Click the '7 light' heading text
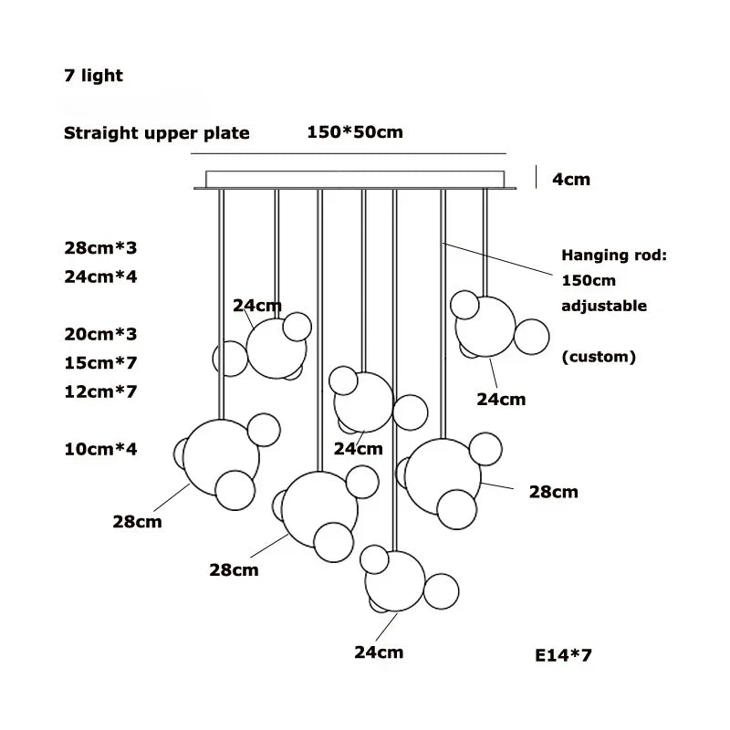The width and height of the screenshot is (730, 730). coord(93,76)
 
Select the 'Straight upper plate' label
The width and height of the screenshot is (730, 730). coord(156,133)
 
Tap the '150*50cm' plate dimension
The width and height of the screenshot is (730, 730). coord(355,132)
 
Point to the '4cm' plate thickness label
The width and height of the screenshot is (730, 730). coord(571,179)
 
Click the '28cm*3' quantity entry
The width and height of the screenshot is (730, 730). coord(100,247)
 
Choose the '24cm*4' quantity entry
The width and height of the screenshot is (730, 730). coord(100,276)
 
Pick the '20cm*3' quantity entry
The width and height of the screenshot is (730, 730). coord(100,334)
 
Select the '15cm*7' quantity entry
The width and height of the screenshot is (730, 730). coord(100,362)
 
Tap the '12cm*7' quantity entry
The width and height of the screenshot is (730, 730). coord(100,391)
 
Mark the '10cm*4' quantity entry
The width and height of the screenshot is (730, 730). coord(100,449)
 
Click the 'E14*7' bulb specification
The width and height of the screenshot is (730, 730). coord(564,655)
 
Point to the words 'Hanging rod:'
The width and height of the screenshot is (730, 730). coord(613,255)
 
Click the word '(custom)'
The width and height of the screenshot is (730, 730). coord(599,357)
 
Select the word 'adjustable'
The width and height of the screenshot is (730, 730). coord(603,306)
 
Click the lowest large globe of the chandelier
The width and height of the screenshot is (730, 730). coord(395,580)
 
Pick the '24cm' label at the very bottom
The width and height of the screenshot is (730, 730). coord(379,652)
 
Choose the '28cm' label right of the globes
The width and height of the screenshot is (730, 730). coord(554,493)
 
